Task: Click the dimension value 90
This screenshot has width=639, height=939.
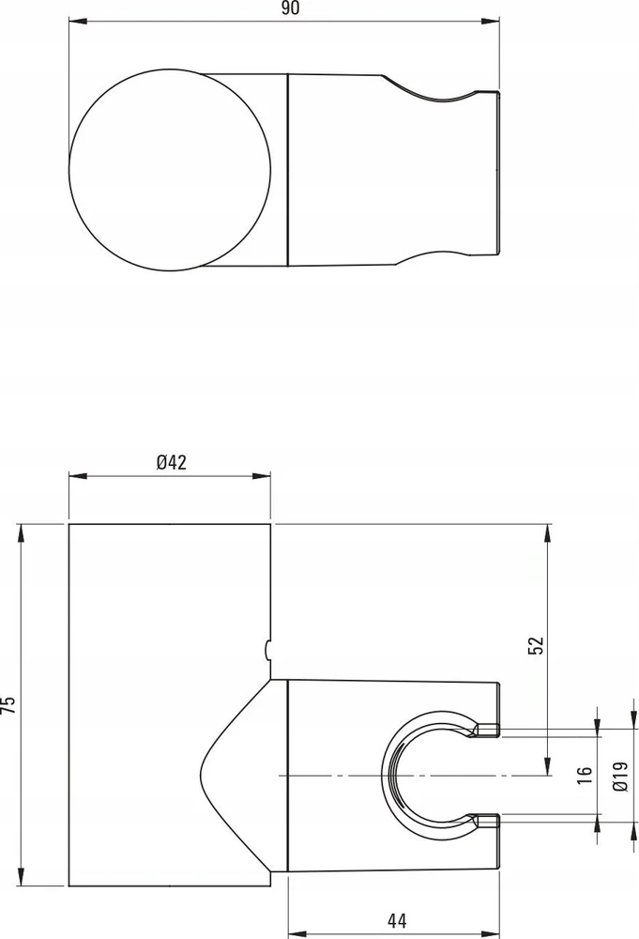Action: click(290, 8)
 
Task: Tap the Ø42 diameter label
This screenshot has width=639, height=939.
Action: click(172, 462)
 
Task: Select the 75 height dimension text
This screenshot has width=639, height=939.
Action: click(9, 704)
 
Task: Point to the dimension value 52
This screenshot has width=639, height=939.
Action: click(537, 645)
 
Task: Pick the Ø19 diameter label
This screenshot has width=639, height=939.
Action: click(620, 777)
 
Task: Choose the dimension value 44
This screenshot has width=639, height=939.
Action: click(397, 920)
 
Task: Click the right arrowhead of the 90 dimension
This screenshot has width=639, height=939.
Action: click(490, 23)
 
